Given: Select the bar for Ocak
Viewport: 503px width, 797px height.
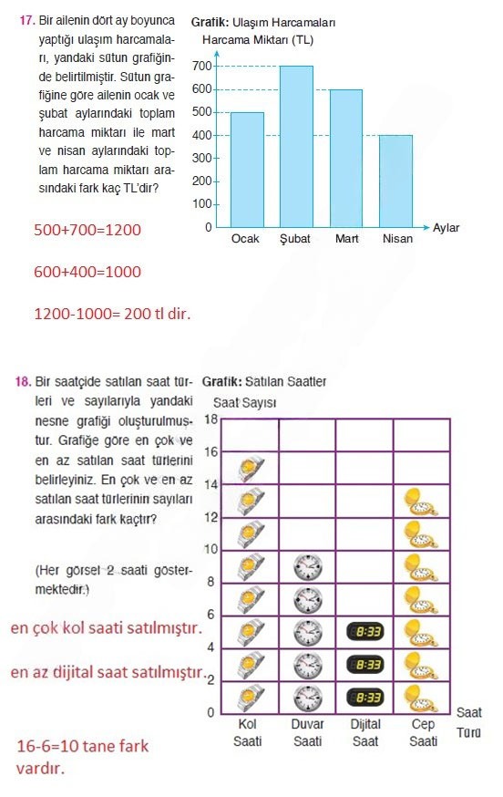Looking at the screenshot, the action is pyautogui.click(x=247, y=170).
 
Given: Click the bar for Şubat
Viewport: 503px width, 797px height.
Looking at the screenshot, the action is pyautogui.click(x=296, y=146).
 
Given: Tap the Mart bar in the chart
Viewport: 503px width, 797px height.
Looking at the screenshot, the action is pyautogui.click(x=346, y=158).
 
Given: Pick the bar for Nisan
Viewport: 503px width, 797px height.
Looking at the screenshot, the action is pyautogui.click(x=395, y=181).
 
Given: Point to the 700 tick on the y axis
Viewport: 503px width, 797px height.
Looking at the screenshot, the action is pyautogui.click(x=202, y=67).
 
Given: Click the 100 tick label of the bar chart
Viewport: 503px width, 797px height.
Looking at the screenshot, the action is pyautogui.click(x=202, y=203).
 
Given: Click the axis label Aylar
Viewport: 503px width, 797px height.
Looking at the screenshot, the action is pyautogui.click(x=446, y=227).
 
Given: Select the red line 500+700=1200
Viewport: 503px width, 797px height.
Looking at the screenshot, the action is pyautogui.click(x=87, y=230).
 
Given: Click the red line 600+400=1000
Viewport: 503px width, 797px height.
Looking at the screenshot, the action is pyautogui.click(x=87, y=272).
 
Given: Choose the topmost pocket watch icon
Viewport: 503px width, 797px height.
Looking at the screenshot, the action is pyautogui.click(x=419, y=501).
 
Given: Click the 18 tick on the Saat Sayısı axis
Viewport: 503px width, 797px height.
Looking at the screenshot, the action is pyautogui.click(x=210, y=419).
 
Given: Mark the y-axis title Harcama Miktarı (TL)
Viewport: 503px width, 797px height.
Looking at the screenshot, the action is pyautogui.click(x=259, y=41).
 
